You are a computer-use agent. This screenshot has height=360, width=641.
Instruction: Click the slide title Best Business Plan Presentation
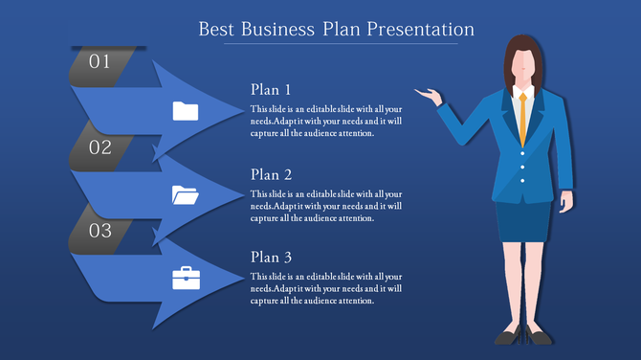point(336,29)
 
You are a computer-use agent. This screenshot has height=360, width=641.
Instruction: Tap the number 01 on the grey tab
point(100,62)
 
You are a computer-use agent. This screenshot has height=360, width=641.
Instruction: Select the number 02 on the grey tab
point(100,147)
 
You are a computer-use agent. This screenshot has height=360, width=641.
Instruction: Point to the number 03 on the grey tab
point(100,231)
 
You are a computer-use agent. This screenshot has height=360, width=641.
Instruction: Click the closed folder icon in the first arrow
point(185,111)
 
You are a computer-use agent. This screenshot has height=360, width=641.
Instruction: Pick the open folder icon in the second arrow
point(185,195)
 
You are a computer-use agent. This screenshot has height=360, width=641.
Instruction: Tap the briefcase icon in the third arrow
point(185,278)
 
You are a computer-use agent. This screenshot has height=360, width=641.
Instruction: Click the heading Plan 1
point(271,90)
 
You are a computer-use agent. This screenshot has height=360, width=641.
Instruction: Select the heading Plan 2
point(271,174)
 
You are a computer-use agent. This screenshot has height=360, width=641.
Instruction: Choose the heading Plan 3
point(271,258)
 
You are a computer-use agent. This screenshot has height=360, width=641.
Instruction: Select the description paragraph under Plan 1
point(326,121)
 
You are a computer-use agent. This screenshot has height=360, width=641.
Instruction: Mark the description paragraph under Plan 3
point(326,288)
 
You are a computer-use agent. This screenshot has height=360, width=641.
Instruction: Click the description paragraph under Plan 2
point(326,206)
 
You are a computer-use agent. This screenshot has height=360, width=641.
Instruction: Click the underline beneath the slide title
point(336,44)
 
